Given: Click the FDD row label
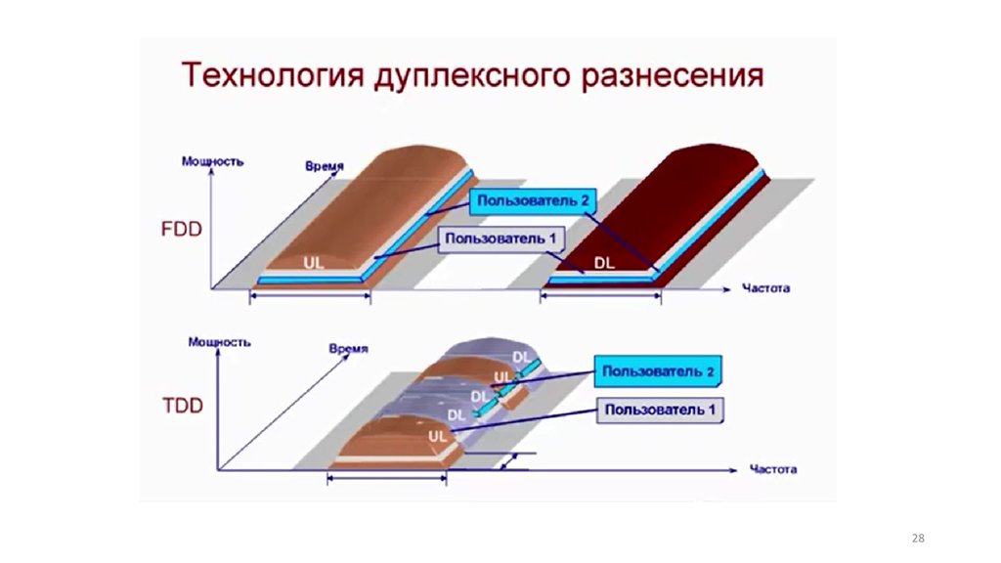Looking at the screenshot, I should [181, 231].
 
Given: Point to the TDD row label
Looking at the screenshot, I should [182, 406].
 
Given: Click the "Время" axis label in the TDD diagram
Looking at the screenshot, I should [348, 349].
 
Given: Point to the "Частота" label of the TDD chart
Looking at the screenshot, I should [773, 469].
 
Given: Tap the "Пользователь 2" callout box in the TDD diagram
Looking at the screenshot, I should [656, 371].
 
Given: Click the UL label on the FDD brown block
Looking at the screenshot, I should [314, 263].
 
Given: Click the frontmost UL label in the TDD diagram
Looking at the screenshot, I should [437, 436].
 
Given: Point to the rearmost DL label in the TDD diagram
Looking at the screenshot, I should [522, 358].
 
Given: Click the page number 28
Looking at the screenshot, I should [917, 539].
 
